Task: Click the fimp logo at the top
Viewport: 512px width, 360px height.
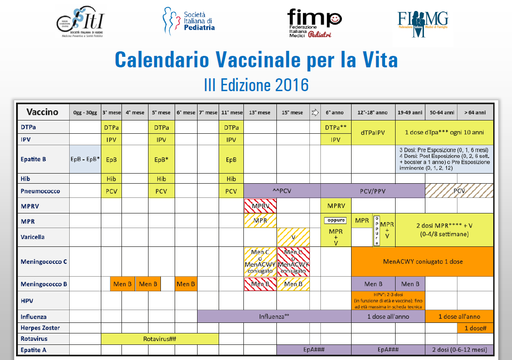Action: click(x=314, y=23)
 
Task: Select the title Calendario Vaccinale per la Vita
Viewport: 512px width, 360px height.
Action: click(x=256, y=60)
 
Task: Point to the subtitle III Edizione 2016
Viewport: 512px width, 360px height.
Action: click(x=256, y=85)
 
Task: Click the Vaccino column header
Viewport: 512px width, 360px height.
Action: click(x=43, y=112)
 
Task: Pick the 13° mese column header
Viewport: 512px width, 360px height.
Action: click(x=260, y=113)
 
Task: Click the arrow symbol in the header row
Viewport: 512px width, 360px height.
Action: click(x=315, y=113)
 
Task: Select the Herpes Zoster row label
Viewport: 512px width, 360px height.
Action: click(x=40, y=328)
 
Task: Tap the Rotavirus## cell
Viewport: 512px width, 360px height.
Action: click(x=160, y=339)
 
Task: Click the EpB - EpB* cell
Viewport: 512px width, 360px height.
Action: click(x=85, y=159)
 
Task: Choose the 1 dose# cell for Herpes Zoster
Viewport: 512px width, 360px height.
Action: click(x=475, y=328)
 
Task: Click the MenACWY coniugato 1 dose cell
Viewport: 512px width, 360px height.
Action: click(x=422, y=262)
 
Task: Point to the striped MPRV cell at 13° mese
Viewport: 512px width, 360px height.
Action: click(x=260, y=206)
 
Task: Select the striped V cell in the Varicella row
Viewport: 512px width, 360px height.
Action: click(x=293, y=237)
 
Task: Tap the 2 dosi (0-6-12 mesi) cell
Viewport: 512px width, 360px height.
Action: click(x=459, y=350)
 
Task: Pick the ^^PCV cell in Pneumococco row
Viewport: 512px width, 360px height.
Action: click(x=282, y=191)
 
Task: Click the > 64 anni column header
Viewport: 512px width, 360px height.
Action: click(x=475, y=113)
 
